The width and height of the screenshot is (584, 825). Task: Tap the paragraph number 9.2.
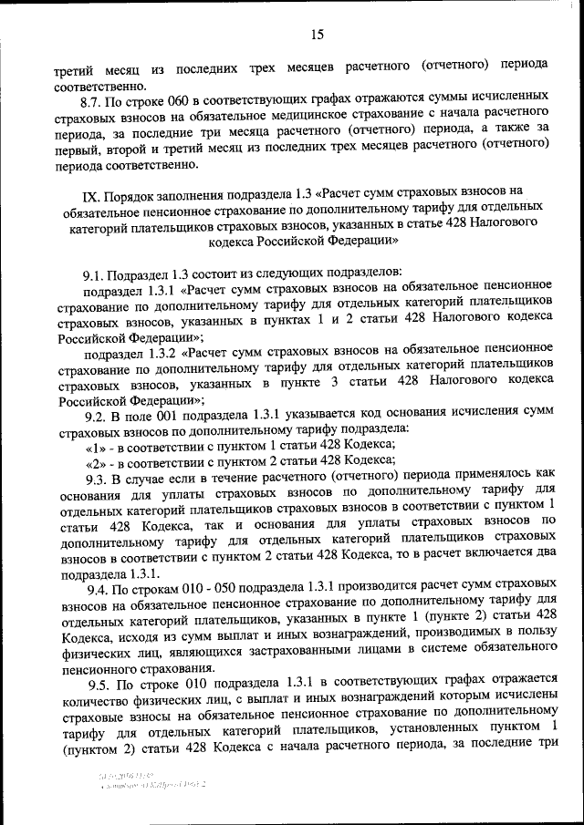(96, 415)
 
